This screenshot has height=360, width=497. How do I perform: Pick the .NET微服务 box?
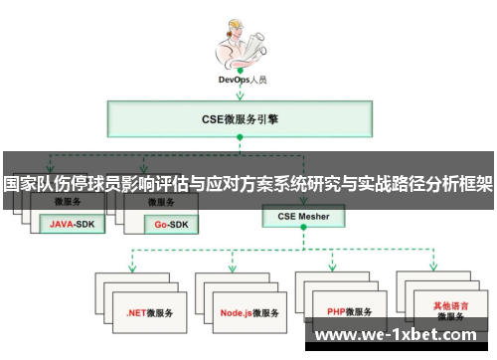click(x=146, y=312)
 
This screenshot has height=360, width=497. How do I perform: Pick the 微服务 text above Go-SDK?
click(x=165, y=202)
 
